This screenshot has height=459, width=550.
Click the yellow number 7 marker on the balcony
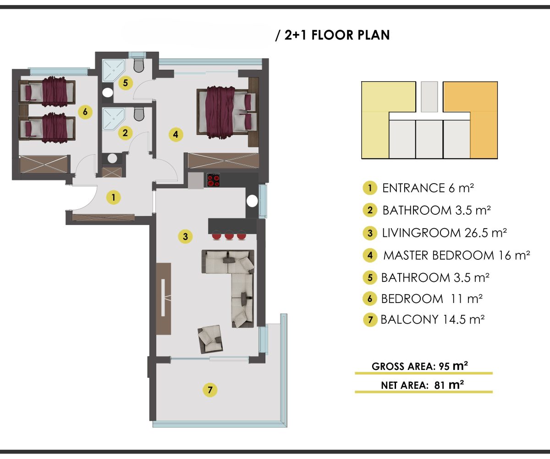coord(210,390)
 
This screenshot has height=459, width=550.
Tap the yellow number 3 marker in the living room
coord(185,236)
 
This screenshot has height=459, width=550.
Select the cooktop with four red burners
coord(214,180)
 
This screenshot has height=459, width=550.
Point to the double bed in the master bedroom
coord(226,112)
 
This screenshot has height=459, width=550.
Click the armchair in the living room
coord(210,339)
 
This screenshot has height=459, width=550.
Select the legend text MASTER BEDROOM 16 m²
coord(456,255)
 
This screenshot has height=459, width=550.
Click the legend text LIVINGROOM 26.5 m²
coord(444,233)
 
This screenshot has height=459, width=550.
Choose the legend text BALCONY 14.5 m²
coord(433,319)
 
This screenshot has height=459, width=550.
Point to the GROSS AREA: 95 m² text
coord(420,366)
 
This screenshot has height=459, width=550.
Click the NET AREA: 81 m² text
coord(422,385)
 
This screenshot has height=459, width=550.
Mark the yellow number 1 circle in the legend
coord(370,188)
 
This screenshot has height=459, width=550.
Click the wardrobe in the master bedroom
coord(223,161)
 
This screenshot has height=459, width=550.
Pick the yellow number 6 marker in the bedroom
coord(85,112)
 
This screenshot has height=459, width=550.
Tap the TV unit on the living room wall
coord(163,299)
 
